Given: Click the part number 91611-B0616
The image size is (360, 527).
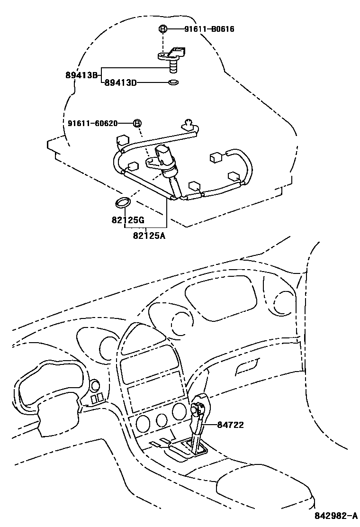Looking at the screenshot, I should (209, 29).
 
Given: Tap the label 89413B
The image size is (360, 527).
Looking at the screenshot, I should (81, 74).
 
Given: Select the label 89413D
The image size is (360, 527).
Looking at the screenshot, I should (120, 83).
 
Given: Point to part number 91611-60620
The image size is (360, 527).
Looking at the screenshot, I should (92, 123).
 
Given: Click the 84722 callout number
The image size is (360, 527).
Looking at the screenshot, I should (231, 425).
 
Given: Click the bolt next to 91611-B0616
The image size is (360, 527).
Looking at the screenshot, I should (162, 29).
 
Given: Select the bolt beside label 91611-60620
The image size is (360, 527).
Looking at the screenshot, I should (137, 123).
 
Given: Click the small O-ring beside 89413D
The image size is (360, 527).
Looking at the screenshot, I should (174, 83).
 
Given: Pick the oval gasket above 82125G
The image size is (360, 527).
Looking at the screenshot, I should (122, 203).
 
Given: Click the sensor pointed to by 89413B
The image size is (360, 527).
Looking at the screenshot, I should (172, 57).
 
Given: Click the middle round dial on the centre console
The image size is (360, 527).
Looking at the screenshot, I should (162, 419).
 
